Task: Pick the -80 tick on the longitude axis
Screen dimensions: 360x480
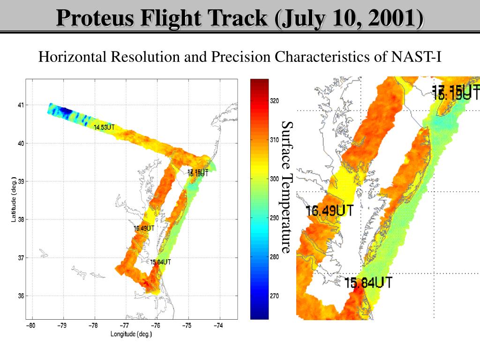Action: coord(31,325)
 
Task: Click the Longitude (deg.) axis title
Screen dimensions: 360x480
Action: coord(131,334)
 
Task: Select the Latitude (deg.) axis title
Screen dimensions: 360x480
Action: coord(15,199)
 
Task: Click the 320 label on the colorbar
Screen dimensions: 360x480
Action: coord(275,101)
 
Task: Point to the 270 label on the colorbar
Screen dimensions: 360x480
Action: coord(275,296)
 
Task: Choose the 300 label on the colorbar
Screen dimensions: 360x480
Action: coord(275,179)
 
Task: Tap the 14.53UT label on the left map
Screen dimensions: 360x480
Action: coord(104,127)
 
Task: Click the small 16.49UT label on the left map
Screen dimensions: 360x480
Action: coord(144,228)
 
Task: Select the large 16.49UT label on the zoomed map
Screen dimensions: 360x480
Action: coord(330,210)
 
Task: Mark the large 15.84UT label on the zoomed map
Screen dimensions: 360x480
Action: coord(368,283)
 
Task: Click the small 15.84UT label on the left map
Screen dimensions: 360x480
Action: coord(160,262)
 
